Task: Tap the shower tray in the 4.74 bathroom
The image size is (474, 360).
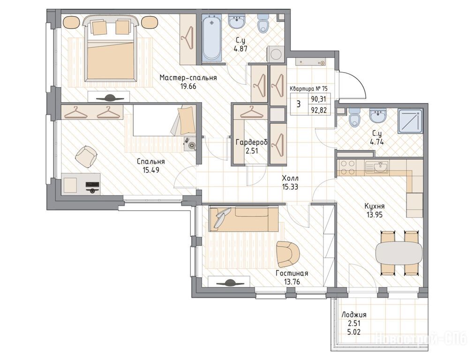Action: pyautogui.click(x=410, y=121)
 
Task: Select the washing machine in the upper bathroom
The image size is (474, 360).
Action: pyautogui.click(x=275, y=55)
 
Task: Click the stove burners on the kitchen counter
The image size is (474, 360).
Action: pyautogui.click(x=347, y=167)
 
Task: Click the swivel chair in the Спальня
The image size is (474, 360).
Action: pyautogui.click(x=86, y=157)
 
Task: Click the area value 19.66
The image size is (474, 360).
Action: pyautogui.click(x=188, y=86)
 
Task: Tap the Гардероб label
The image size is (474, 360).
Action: pyautogui.click(x=252, y=142)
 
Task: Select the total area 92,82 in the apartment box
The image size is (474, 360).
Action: pyautogui.click(x=319, y=110)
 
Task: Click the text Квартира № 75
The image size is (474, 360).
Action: pyautogui.click(x=308, y=89)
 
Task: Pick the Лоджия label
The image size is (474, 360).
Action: pyautogui.click(x=354, y=315)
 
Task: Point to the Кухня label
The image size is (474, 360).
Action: pyautogui.click(x=374, y=206)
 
